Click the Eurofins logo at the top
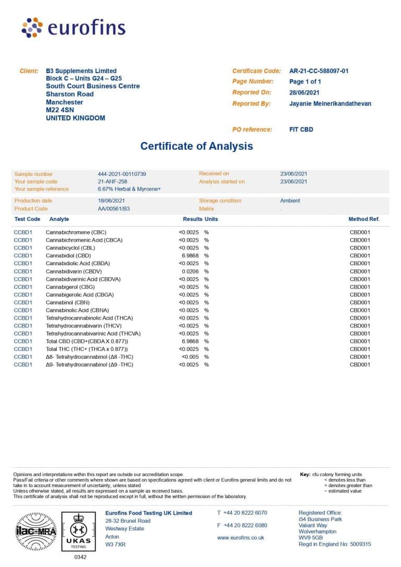coord(73,27)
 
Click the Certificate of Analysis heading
coord(196,146)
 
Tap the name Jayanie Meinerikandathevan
coord(330,103)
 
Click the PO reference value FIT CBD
coord(301,129)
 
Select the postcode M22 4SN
coord(61,110)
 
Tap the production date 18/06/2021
coord(111,200)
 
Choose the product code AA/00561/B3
coord(113,208)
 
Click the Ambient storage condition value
coord(290,200)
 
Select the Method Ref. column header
coord(364,219)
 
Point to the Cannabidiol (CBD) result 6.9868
coord(190,256)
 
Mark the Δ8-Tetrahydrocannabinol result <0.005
coord(190,357)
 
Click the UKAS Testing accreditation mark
coord(79,530)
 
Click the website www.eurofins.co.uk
coord(240,538)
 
